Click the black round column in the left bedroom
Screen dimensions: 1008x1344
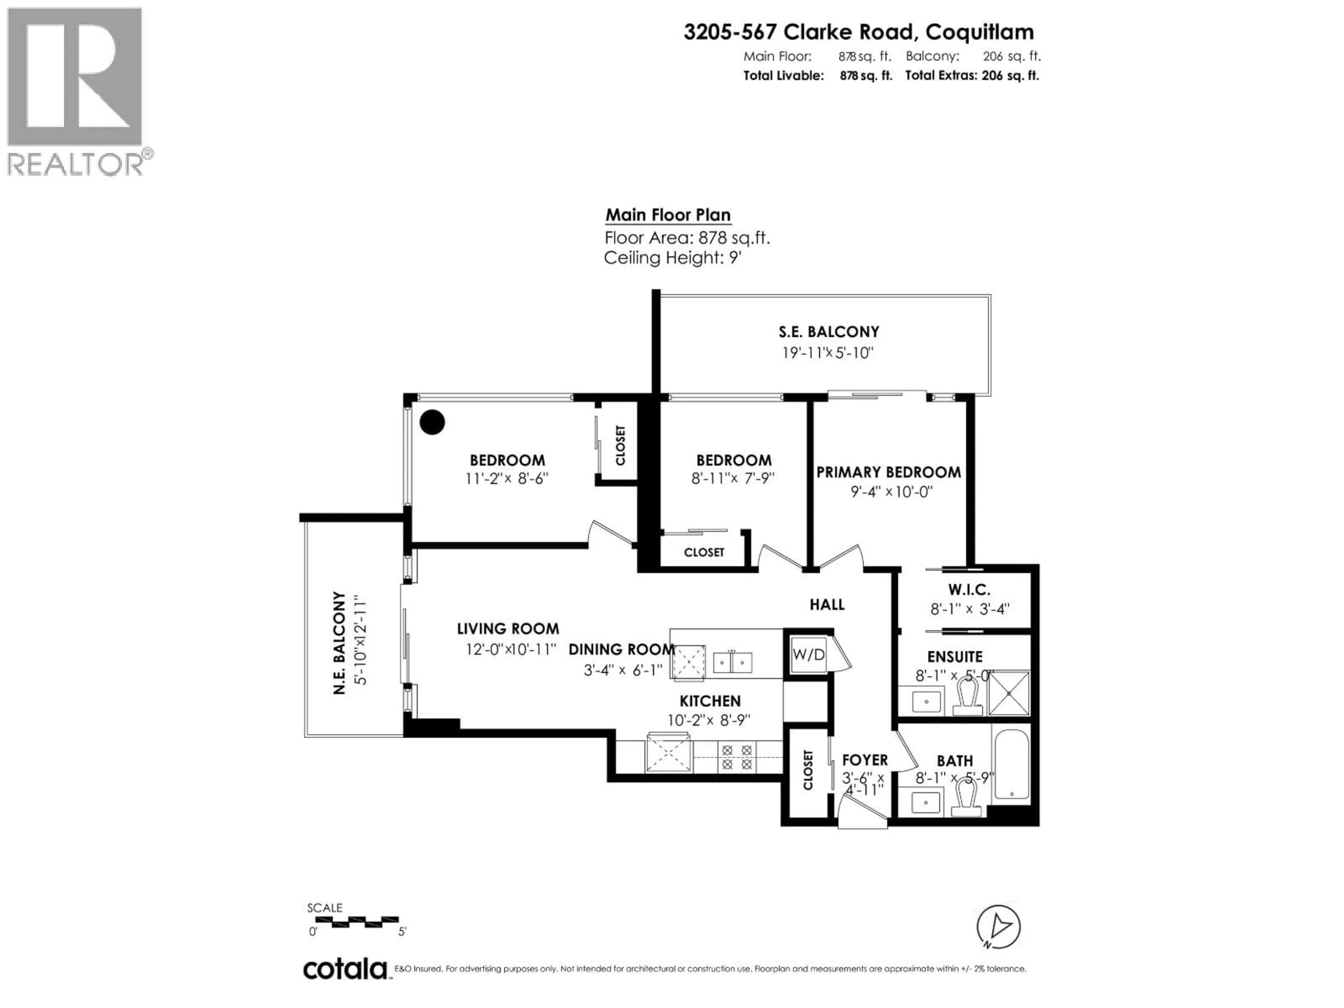pos(432,422)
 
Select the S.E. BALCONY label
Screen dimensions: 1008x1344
pos(829,332)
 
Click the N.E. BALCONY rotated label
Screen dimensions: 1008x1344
pos(339,643)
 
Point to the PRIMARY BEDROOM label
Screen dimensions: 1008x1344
pos(888,472)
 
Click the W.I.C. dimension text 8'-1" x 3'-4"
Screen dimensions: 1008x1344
pos(970,609)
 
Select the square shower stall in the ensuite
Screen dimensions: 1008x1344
pos(1009,693)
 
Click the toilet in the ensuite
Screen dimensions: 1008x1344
pos(967,697)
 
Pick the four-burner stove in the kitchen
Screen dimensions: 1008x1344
pos(737,757)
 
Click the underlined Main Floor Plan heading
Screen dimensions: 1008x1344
pos(668,215)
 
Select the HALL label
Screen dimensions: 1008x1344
pos(826,604)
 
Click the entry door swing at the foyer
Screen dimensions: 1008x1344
pos(860,813)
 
